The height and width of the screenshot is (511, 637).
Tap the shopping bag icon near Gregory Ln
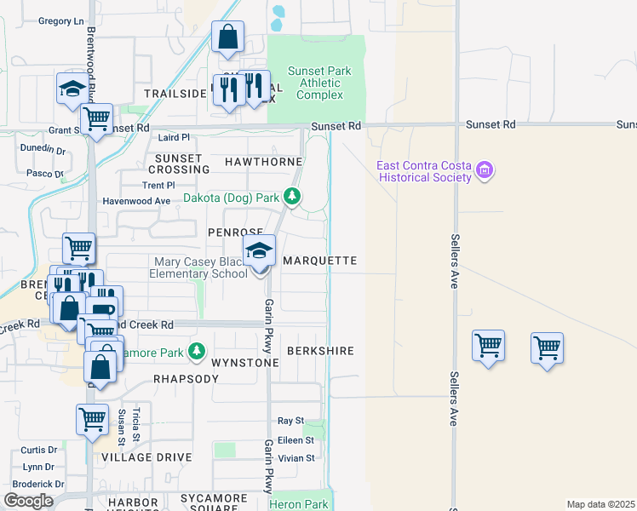tap(227, 38)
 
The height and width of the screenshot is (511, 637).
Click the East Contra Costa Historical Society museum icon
tap(485, 171)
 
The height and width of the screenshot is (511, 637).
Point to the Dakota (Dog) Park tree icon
tap(292, 198)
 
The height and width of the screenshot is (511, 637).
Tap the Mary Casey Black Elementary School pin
tap(260, 252)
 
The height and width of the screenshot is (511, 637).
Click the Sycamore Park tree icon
tap(198, 351)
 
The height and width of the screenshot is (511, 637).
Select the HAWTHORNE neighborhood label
tap(264, 161)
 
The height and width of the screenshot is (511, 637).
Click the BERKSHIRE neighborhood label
tap(320, 351)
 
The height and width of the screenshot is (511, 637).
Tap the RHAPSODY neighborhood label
tap(187, 378)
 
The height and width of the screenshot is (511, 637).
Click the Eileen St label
tap(296, 440)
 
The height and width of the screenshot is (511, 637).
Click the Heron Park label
tap(298, 504)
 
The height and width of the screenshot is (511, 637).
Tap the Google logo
tap(28, 501)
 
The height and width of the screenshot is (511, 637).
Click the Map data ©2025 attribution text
tap(600, 504)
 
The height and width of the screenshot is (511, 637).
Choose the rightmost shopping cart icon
tap(547, 347)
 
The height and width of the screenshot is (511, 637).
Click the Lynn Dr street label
tap(39, 467)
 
